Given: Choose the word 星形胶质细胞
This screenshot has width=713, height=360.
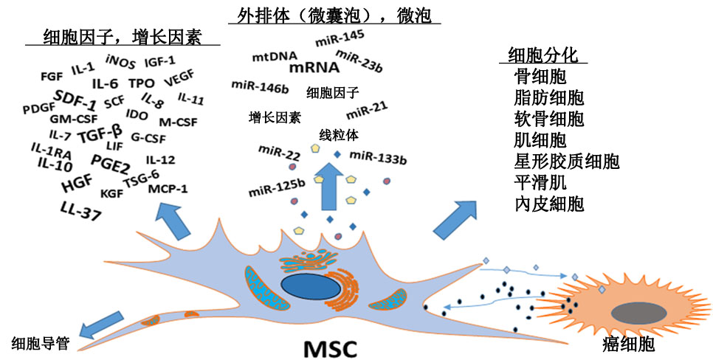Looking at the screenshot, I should [566, 161].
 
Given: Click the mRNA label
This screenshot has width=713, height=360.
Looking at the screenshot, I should [314, 68].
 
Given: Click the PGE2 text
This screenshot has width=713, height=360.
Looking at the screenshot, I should [109, 160].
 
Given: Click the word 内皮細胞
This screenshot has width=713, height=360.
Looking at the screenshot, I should [549, 204].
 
